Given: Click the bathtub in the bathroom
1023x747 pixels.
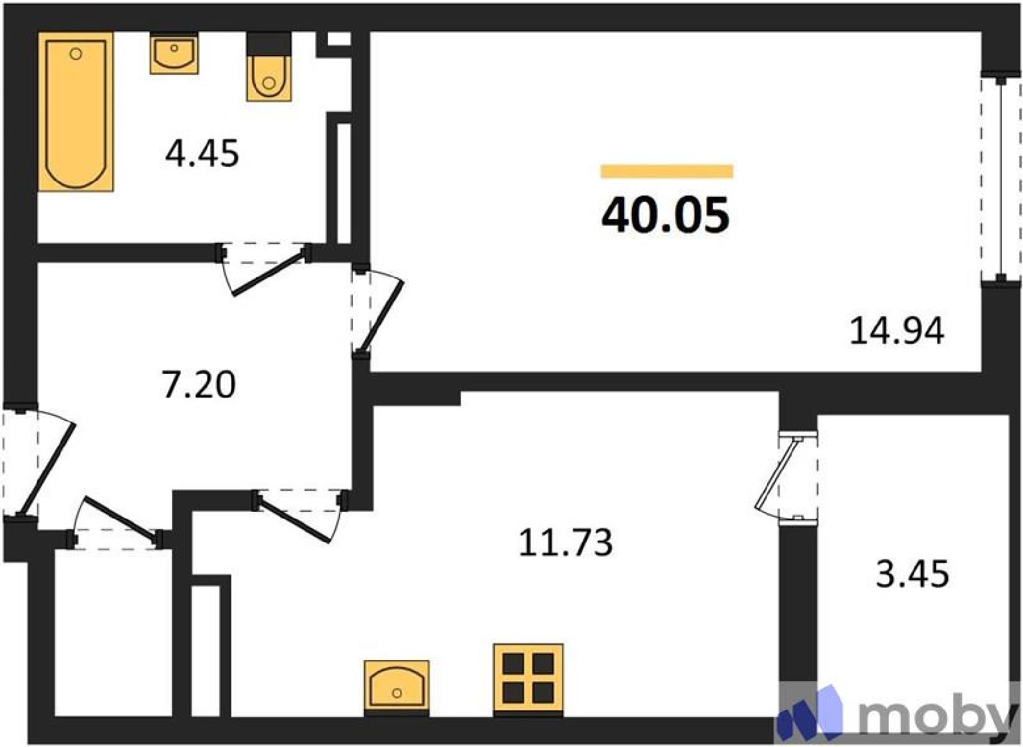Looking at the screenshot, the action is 76,112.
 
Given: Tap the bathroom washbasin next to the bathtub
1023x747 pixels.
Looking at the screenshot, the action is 174,53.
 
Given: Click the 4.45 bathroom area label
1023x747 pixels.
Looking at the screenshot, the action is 202,154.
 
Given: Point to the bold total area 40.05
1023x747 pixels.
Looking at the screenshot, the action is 666,216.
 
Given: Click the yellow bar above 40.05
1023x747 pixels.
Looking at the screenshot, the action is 666,171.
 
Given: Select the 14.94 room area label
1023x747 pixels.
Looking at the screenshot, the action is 896,332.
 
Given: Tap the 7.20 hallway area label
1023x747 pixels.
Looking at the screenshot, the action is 199,384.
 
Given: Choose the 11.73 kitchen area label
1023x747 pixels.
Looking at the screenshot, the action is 565,543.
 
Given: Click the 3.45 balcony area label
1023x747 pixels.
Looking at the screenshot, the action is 912,574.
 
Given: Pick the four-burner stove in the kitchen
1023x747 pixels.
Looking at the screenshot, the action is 528,679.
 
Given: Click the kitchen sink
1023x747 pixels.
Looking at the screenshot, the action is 396,688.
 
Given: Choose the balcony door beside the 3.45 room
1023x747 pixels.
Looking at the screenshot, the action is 776,477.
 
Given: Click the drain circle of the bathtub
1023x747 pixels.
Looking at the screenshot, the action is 76,54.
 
